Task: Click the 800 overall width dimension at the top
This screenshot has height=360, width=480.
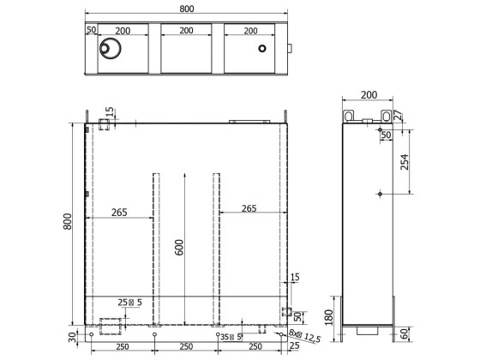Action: pos(188,8)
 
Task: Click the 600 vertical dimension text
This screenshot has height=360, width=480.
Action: pos(179,247)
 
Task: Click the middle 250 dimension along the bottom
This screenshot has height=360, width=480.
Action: pos(186,346)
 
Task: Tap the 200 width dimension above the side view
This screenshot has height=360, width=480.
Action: pos(369,95)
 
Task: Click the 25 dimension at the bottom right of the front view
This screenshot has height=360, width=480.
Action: pos(294,346)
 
